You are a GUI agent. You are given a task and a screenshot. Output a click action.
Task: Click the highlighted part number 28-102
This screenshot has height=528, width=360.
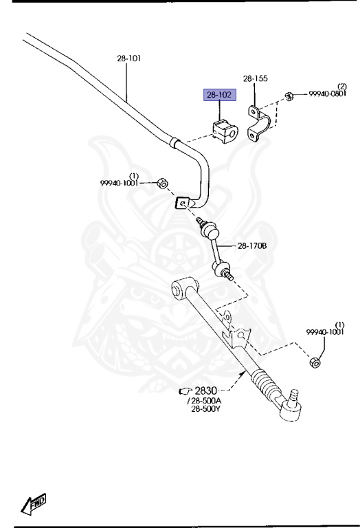[219, 95]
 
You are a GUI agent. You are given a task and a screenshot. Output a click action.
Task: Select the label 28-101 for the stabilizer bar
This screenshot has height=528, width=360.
[129, 58]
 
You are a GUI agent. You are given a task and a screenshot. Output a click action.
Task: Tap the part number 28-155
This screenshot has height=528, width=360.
[256, 78]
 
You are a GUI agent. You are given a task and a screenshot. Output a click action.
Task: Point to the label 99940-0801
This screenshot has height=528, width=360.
[327, 94]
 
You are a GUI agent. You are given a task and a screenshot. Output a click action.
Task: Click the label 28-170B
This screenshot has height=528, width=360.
[252, 246]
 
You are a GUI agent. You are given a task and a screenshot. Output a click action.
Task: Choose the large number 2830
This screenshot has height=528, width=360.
[206, 390]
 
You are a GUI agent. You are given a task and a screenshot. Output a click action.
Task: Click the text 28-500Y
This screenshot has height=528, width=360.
[205, 409]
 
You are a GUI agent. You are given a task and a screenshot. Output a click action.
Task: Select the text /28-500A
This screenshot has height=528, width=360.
[204, 401]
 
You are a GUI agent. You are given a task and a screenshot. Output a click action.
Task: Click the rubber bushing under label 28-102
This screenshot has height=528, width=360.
[225, 131]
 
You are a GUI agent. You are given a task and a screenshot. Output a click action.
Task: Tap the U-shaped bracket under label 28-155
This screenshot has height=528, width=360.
[258, 123]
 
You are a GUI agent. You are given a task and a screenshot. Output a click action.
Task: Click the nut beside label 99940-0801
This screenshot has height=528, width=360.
[289, 96]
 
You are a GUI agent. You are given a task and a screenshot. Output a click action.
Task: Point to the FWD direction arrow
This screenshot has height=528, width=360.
[33, 504]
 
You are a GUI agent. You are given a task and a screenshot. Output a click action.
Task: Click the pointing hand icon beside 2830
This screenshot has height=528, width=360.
[185, 391]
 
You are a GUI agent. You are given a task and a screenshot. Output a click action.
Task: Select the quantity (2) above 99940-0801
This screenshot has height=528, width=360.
[342, 87]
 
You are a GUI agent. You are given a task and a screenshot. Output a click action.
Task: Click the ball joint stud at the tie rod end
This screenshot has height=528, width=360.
[294, 394]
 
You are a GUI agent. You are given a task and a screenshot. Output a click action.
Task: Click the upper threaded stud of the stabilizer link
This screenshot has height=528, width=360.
[201, 221]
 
